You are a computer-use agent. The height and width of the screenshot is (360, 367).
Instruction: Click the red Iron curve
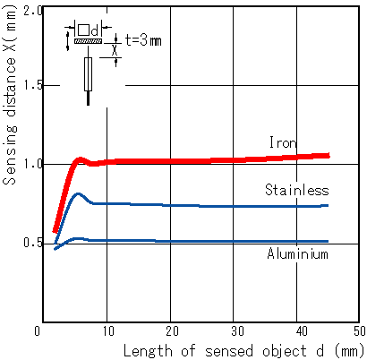tap(191, 161)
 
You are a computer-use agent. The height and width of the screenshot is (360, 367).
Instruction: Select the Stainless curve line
tap(191, 205)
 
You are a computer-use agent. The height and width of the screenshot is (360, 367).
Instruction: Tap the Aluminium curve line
tap(191, 241)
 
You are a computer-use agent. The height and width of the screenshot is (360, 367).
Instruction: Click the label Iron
tap(283, 142)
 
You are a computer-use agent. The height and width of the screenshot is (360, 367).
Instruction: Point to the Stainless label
tap(297, 190)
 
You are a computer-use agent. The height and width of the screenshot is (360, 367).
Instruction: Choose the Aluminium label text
tap(297, 253)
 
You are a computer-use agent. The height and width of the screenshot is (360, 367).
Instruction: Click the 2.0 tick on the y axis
tap(33, 12)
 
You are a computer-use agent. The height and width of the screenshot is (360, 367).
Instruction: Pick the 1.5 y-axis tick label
tap(33, 86)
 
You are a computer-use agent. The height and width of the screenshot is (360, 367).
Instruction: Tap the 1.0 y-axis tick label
tap(33, 164)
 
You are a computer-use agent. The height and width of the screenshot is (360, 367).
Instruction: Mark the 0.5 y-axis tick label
tap(33, 243)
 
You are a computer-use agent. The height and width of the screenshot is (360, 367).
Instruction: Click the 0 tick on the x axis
tap(37, 331)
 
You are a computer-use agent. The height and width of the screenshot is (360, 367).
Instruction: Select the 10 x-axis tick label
tap(108, 331)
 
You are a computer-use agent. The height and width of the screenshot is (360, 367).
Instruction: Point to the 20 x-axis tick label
tap(172, 331)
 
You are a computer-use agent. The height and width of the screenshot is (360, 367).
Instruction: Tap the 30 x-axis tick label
tap(237, 331)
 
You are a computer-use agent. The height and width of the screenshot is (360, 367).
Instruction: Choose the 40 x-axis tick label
tap(302, 331)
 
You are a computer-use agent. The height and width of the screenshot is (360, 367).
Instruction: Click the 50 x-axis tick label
tap(360, 331)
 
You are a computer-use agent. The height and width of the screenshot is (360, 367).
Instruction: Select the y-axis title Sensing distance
tap(10, 121)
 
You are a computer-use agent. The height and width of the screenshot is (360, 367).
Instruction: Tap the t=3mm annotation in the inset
tap(143, 40)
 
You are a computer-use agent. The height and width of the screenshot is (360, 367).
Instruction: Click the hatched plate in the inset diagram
tap(88, 41)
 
